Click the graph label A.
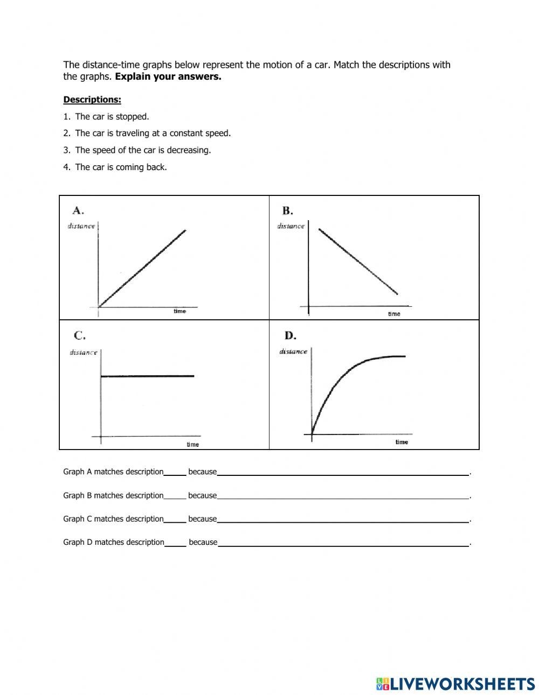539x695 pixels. pyautogui.click(x=79, y=210)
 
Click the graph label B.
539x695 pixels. pyautogui.click(x=287, y=210)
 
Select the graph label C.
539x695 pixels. pyautogui.click(x=79, y=335)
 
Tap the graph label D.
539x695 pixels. pyautogui.click(x=290, y=335)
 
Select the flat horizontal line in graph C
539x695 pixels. pyautogui.click(x=147, y=376)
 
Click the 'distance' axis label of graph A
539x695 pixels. pyautogui.click(x=81, y=226)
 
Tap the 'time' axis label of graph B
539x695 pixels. pyautogui.click(x=394, y=314)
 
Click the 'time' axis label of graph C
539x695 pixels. pyautogui.click(x=192, y=444)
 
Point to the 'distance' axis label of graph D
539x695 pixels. pyautogui.click(x=293, y=352)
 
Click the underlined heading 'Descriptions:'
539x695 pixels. pyautogui.click(x=92, y=100)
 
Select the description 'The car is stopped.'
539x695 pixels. pyautogui.click(x=112, y=116)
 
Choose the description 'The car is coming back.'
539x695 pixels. pyautogui.click(x=121, y=167)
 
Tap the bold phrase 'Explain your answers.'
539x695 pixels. pyautogui.click(x=168, y=76)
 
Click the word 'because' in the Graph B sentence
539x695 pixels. pyautogui.click(x=203, y=495)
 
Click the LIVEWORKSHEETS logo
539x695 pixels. pyautogui.click(x=455, y=684)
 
